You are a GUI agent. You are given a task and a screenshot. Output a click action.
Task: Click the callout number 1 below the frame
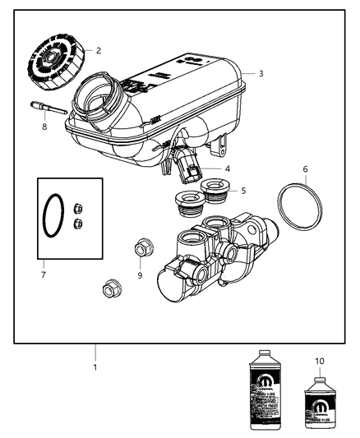pyautogui.click(x=95, y=367)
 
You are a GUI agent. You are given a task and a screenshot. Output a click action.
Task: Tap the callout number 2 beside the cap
pyautogui.click(x=99, y=51)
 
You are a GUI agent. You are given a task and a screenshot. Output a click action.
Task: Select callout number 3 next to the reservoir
pyautogui.click(x=261, y=73)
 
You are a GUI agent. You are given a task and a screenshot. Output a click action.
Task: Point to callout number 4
pyautogui.click(x=226, y=169)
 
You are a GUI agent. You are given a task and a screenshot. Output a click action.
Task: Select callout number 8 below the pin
pyautogui.click(x=44, y=127)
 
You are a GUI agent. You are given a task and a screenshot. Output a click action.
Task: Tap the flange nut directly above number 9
pyautogui.click(x=139, y=250)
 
